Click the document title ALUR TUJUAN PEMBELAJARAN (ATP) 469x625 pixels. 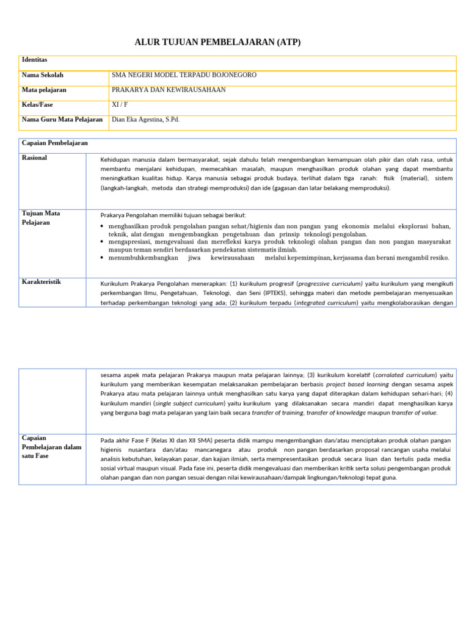217,42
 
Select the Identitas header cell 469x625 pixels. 35,60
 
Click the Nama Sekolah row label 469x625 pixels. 43,75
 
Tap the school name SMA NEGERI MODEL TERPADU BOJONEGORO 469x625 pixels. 184,75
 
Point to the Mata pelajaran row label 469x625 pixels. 44,90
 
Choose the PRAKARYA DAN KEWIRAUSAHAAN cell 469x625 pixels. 169,90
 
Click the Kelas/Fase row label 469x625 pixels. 37,105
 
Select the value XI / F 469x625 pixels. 120,105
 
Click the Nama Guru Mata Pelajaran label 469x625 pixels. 62,120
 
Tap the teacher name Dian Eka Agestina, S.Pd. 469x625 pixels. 146,120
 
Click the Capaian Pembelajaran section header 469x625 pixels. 55,143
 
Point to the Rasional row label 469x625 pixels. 34,158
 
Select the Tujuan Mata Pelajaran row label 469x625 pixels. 41,218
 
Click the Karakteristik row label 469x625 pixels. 41,282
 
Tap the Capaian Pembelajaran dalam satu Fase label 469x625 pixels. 51,447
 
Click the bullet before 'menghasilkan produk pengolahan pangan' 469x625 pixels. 103,226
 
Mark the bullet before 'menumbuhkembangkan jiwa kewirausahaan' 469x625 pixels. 103,258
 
